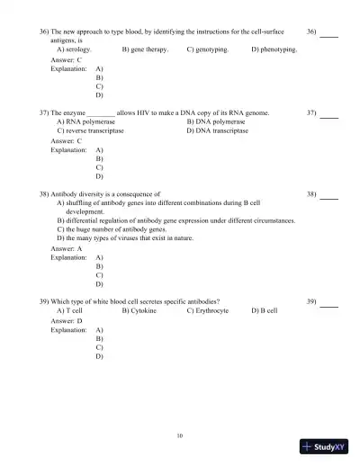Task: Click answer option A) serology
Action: (73, 49)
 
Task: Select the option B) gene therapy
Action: (145, 49)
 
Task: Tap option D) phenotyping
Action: (274, 49)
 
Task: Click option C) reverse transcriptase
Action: (90, 130)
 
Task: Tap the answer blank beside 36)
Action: (328, 34)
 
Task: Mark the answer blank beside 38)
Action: (328, 196)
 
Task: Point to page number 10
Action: (180, 436)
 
